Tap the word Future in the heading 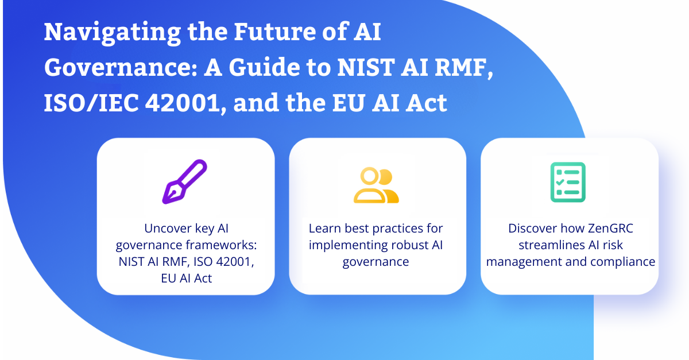[274, 32]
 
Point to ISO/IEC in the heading [91, 103]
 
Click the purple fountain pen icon [184, 181]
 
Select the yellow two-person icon [376, 185]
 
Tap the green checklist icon [568, 182]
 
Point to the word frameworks [222, 245]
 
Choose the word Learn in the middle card [325, 229]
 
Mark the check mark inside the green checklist [560, 182]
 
